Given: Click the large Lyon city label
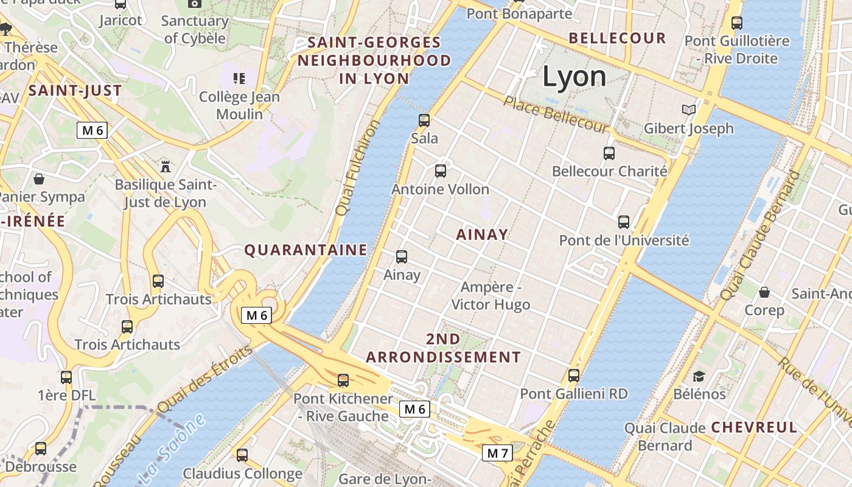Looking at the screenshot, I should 574,77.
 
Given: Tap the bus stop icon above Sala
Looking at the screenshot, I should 424,120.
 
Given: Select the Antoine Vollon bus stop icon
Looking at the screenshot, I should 441,171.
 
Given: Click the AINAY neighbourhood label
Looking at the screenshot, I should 481,234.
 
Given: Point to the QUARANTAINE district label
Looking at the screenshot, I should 306,250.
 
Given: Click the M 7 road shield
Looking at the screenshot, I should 497,453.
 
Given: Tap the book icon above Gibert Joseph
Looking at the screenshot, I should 688,110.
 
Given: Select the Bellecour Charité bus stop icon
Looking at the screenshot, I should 609,153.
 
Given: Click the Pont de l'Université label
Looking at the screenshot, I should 624,240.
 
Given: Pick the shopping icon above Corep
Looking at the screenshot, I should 764,292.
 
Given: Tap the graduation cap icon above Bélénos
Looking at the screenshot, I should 699,376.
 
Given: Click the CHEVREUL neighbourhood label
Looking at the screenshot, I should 753,427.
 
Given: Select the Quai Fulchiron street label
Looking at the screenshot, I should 358,167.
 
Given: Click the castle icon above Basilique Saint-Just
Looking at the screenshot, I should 165,166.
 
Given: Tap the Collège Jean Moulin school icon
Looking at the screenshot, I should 239,78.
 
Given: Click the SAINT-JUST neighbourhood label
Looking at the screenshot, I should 75,91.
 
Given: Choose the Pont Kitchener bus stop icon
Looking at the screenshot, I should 343,380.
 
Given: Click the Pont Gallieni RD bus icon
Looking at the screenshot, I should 574,376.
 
